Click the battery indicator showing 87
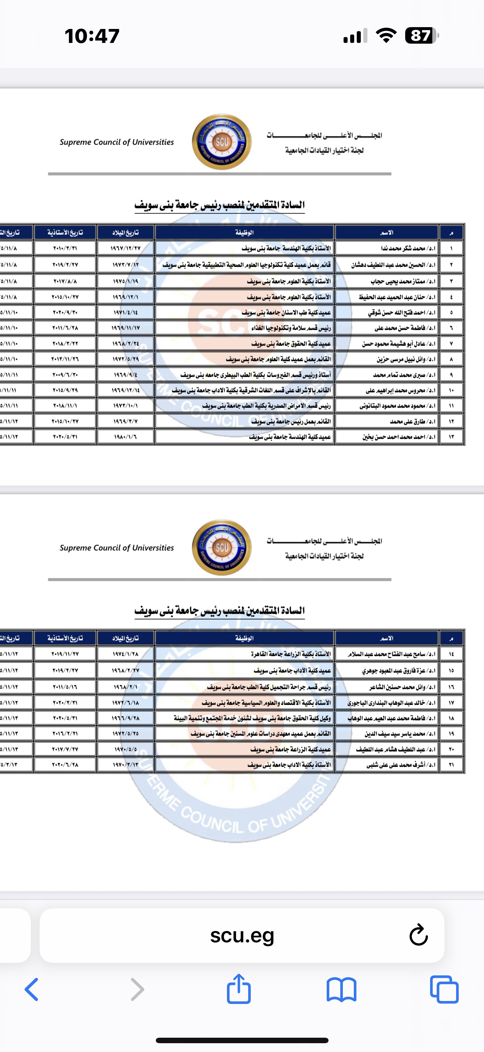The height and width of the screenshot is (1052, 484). tap(422, 36)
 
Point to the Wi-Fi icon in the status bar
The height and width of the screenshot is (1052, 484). tap(386, 36)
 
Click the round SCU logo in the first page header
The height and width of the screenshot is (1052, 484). tap(221, 142)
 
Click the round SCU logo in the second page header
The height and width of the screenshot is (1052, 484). tap(221, 547)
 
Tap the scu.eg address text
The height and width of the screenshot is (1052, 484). tap(242, 935)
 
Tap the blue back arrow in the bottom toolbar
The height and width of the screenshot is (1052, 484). tap(32, 989)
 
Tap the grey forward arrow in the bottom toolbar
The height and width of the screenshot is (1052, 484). tap(137, 989)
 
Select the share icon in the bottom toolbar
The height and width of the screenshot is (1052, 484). tap(239, 989)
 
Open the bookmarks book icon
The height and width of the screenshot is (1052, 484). tap(342, 989)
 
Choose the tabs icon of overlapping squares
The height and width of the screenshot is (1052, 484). tap(444, 989)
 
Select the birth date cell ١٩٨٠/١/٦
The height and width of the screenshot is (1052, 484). tap(125, 436)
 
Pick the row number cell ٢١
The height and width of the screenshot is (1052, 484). tap(451, 764)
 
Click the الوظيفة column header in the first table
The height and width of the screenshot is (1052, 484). tap(245, 232)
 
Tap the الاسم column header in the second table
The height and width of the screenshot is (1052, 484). tap(386, 638)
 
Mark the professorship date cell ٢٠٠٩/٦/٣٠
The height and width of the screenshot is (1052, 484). tap(65, 375)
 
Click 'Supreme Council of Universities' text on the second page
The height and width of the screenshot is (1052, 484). tap(117, 548)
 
